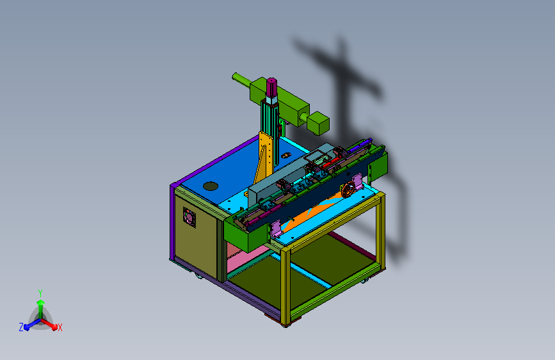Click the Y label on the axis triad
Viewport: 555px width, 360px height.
[x=40, y=293]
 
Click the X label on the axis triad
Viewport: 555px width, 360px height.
[x=60, y=327]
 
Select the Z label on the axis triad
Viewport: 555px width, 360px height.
[x=21, y=327]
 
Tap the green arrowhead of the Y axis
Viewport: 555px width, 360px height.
[x=40, y=302]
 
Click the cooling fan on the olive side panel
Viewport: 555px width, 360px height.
[x=189, y=217]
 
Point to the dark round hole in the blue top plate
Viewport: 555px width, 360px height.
[x=211, y=186]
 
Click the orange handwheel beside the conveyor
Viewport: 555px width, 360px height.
[x=348, y=189]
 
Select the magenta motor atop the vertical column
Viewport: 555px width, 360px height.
[x=271, y=86]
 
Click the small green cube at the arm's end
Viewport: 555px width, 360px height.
[x=318, y=123]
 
